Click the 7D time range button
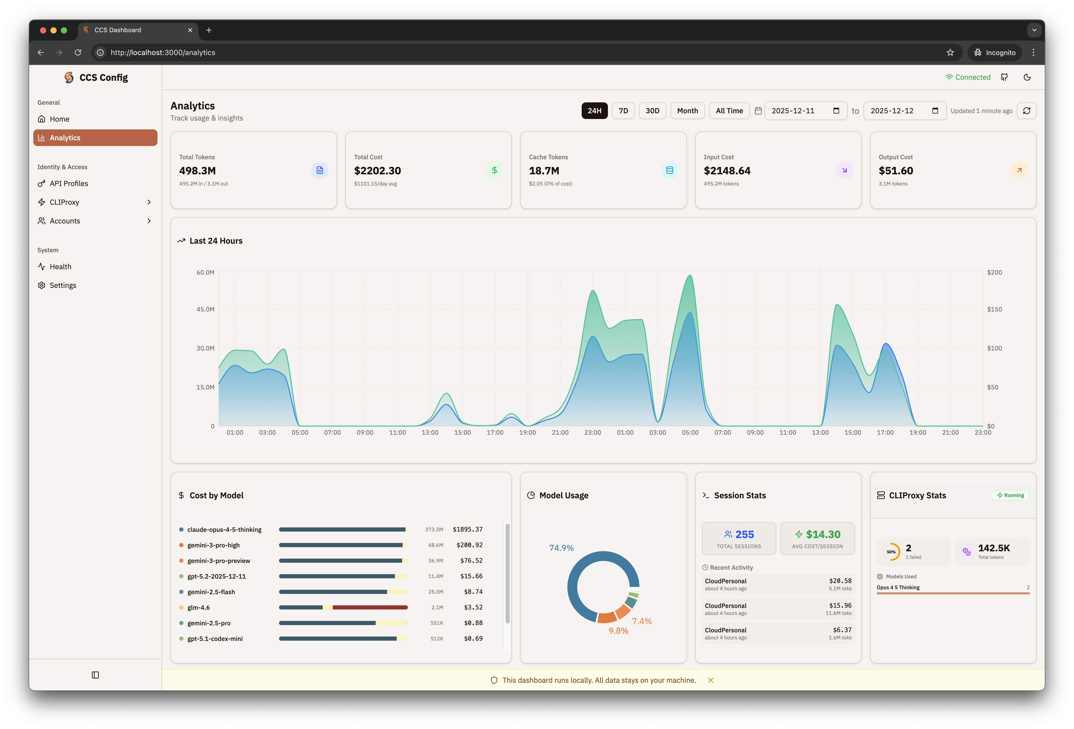click(x=623, y=111)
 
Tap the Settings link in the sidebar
click(x=63, y=285)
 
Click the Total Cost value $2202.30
click(x=377, y=171)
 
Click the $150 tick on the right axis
click(x=994, y=309)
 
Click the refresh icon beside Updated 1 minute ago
click(x=1026, y=111)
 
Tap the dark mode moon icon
click(x=1027, y=77)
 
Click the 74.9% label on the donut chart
click(x=561, y=548)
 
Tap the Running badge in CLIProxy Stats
click(x=1010, y=495)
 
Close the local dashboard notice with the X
click(x=710, y=680)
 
